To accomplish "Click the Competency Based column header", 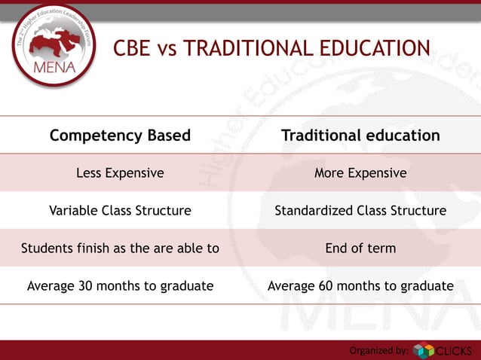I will [x=120, y=136].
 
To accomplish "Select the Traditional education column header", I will [x=360, y=136].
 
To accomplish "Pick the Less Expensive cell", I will [x=120, y=173].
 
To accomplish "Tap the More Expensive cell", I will [x=360, y=173].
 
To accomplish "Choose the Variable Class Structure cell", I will [x=120, y=211].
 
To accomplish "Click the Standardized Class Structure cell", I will [x=360, y=211].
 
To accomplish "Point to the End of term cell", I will [x=360, y=248].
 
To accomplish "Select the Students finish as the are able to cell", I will [x=120, y=248].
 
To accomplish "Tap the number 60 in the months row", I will [x=325, y=285].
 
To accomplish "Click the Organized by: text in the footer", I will [x=378, y=350].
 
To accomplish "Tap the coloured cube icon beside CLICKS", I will [x=424, y=351].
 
